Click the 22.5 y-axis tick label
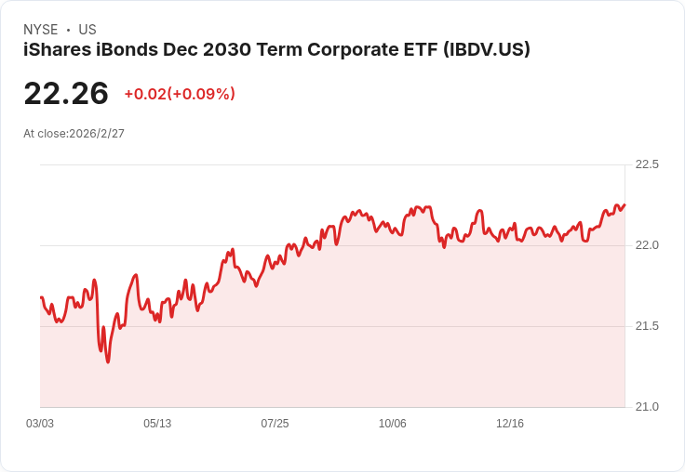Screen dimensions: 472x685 coord(647,164)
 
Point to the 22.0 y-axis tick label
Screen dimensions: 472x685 coord(647,245)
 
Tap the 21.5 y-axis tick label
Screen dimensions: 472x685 coord(647,326)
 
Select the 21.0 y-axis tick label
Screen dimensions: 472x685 coord(647,407)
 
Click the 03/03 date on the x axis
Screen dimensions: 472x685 coord(40,424)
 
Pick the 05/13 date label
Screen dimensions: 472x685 coord(157,424)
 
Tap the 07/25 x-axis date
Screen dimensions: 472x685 coord(275,424)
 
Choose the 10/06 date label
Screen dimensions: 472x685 coord(393,424)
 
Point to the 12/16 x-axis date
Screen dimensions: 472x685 coord(510,424)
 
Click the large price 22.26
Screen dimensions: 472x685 coord(66,94)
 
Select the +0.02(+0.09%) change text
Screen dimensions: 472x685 coord(180,94)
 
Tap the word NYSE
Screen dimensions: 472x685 coord(40,30)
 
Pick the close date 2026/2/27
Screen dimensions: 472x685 coord(97,134)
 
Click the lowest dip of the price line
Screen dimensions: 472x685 coord(108,361)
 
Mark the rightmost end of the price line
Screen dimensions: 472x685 coord(625,204)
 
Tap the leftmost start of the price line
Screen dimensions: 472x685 coord(41,297)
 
